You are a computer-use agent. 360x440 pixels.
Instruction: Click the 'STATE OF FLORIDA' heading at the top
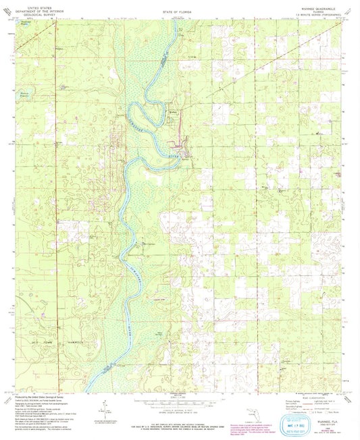[x=178, y=11]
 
